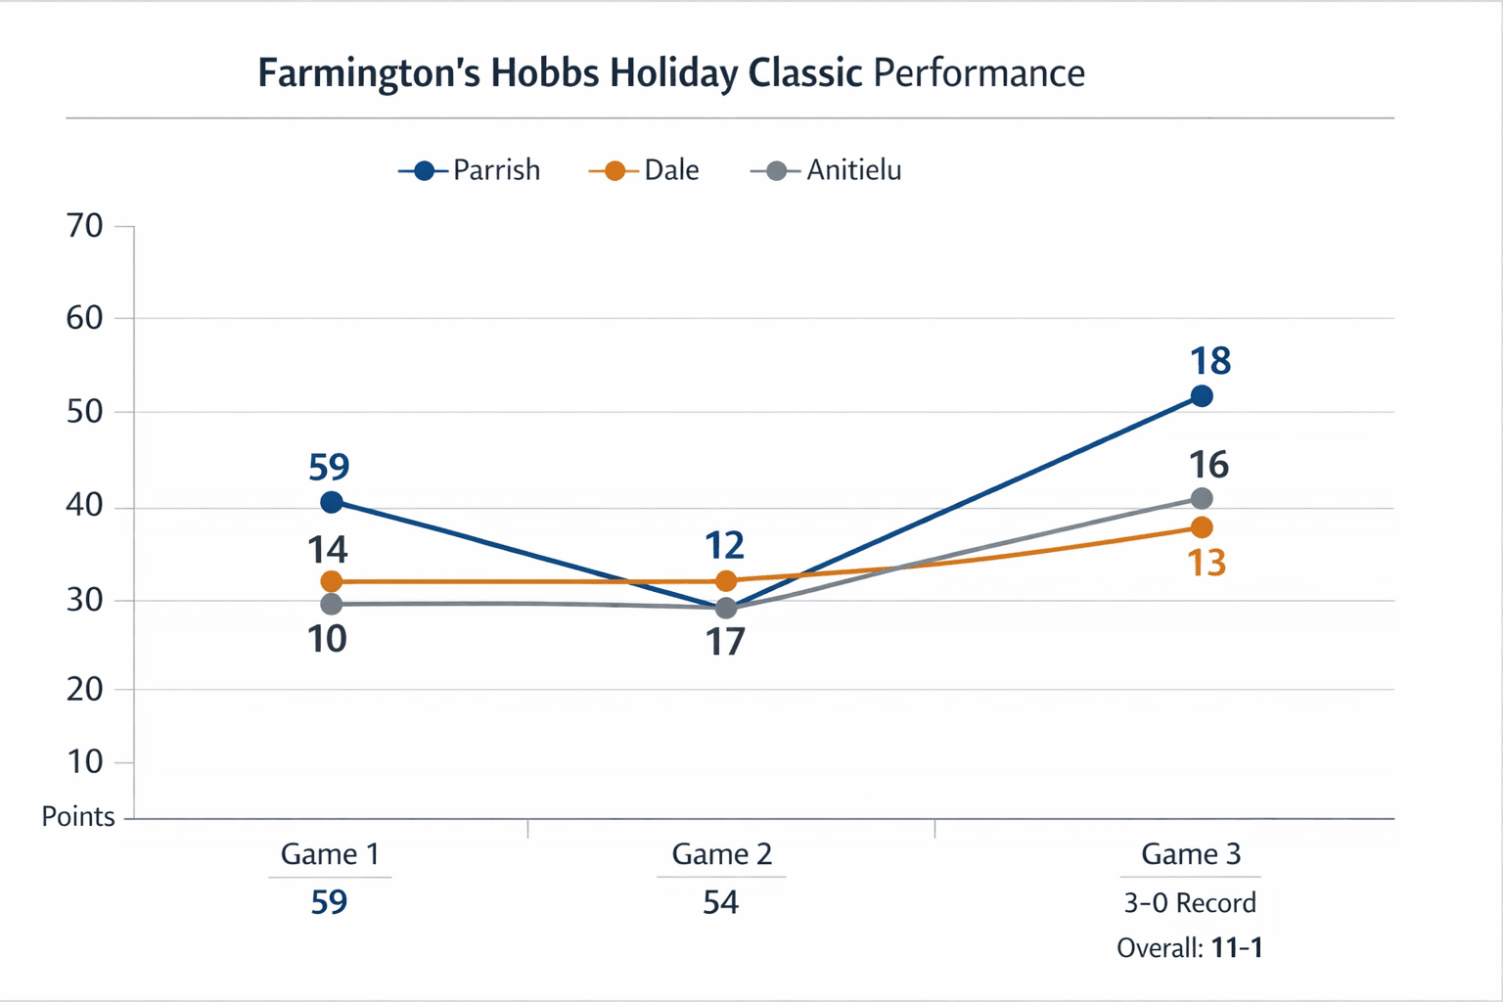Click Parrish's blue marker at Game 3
(x=1202, y=396)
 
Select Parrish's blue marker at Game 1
(x=332, y=502)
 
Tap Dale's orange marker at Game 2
(x=726, y=580)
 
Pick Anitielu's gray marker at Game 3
(x=1202, y=498)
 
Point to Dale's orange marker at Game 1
(x=332, y=581)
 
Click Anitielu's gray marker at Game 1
(x=332, y=604)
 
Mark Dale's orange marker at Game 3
(x=1202, y=527)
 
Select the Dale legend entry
(x=645, y=170)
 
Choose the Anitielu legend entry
(x=827, y=170)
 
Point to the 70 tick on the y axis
(x=85, y=226)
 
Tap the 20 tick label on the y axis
(x=85, y=689)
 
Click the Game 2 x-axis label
(x=722, y=854)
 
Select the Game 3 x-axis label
(x=1191, y=854)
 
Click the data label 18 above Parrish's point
(x=1210, y=361)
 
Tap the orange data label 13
(x=1207, y=564)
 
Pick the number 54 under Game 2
(x=721, y=901)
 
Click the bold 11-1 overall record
(x=1237, y=947)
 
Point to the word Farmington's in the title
(x=369, y=74)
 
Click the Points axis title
(x=78, y=816)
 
